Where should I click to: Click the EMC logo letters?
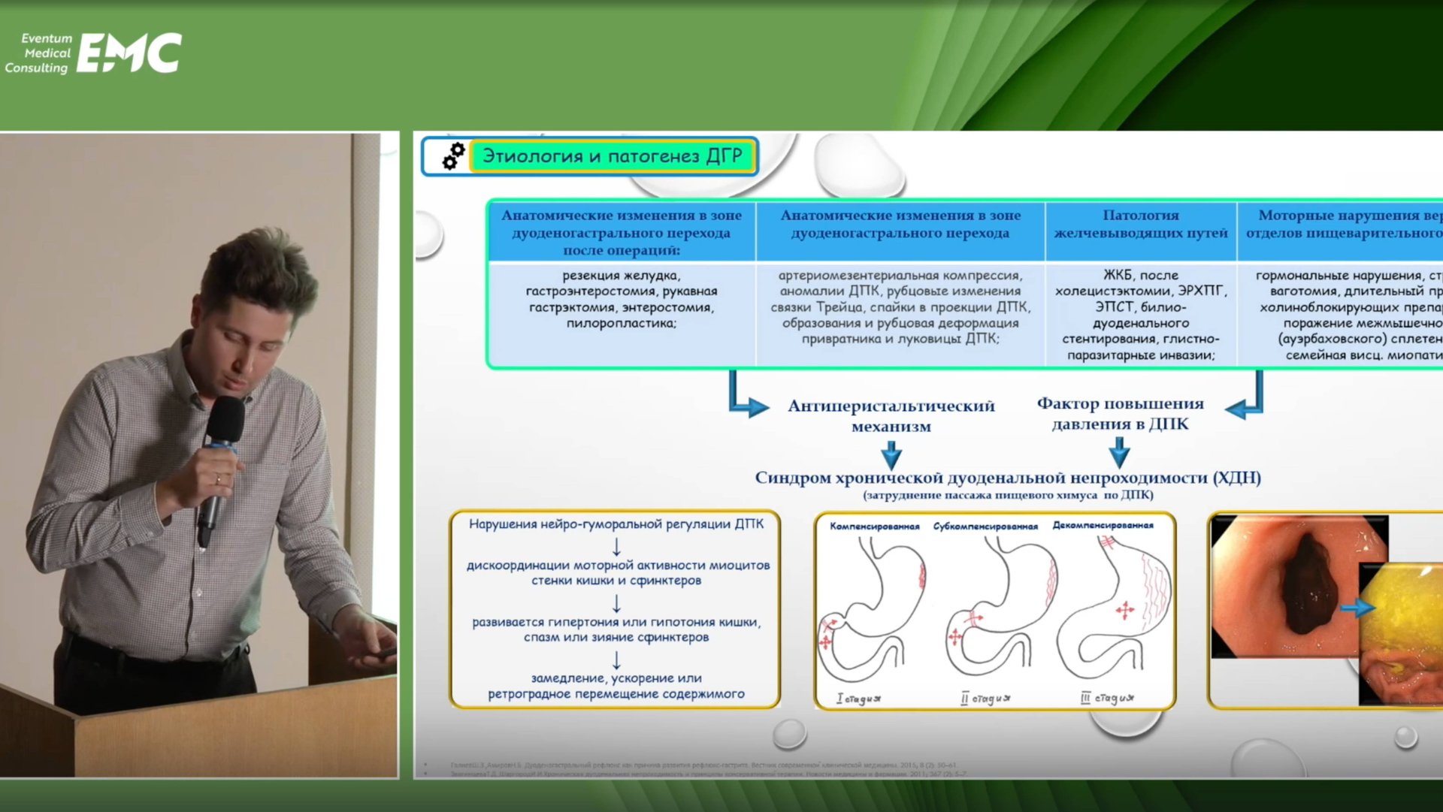(129, 53)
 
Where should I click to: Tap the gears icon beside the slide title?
(453, 155)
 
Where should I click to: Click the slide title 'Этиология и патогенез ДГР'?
(612, 156)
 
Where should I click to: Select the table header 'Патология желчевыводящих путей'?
(1140, 224)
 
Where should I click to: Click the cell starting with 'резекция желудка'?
(622, 299)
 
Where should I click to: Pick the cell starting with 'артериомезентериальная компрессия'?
(900, 306)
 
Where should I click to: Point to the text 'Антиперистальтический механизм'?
(891, 415)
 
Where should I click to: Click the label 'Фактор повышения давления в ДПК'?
(1120, 414)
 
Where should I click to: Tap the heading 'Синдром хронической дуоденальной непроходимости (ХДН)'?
(1007, 478)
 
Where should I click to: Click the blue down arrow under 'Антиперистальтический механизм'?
(891, 454)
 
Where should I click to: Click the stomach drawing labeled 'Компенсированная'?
(873, 608)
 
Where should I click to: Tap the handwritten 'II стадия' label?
(985, 699)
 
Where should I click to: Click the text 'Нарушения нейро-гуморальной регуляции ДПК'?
(616, 524)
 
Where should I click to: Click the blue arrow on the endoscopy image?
(1357, 607)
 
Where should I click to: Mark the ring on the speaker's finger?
(219, 478)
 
